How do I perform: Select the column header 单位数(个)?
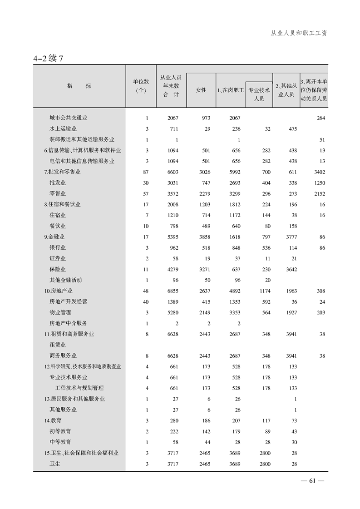tap(141, 86)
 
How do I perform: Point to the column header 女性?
tap(201, 90)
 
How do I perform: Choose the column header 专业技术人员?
tap(259, 94)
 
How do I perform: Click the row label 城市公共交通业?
tap(69, 118)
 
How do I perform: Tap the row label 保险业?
tap(58, 269)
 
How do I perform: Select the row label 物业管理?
tap(60, 312)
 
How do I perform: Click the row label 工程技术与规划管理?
tap(79, 388)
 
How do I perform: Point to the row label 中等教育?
tap(60, 442)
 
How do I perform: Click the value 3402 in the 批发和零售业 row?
tap(319, 172)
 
